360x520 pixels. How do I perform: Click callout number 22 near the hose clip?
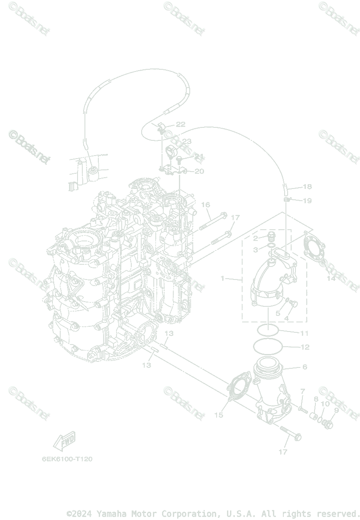click(x=180, y=124)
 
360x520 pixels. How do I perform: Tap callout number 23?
click(x=186, y=142)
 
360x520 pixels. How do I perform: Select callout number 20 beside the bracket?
click(x=199, y=172)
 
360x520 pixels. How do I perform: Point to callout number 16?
click(x=205, y=205)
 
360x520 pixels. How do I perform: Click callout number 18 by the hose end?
click(x=307, y=187)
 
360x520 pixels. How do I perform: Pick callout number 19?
click(x=307, y=201)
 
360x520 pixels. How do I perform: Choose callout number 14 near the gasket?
click(x=331, y=279)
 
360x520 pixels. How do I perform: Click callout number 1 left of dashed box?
click(x=223, y=278)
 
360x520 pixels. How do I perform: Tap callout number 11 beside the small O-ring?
click(x=304, y=333)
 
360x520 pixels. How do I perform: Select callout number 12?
click(x=305, y=347)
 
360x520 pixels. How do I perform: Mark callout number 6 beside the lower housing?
click(x=305, y=367)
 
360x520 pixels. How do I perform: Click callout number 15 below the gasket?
click(x=218, y=415)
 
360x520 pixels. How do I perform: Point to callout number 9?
click(x=336, y=410)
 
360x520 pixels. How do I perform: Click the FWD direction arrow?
click(x=64, y=441)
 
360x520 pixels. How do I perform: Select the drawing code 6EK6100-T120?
click(x=67, y=459)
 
